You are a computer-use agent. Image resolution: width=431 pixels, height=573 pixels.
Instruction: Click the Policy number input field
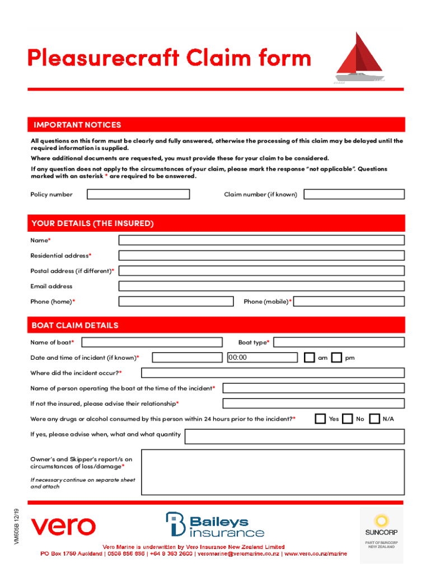138,194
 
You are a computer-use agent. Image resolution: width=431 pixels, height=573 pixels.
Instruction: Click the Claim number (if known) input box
354,194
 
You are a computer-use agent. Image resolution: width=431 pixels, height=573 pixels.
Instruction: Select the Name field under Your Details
261,240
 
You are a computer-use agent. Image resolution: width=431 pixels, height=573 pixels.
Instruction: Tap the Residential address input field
261,255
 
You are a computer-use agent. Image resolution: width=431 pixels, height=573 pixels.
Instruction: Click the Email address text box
261,286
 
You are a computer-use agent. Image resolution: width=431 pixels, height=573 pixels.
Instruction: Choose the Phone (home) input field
176,301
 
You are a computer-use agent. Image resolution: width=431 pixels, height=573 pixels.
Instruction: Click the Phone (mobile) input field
350,301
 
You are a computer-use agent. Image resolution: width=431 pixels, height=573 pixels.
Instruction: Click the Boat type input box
339,342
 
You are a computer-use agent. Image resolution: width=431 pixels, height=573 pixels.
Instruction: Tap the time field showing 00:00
261,358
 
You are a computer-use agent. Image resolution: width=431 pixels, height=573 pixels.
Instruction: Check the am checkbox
310,358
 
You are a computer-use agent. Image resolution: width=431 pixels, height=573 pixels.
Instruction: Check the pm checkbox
336,358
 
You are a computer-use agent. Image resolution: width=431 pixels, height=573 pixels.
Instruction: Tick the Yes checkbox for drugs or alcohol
320,419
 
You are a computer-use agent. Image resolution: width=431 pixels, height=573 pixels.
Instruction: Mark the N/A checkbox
374,419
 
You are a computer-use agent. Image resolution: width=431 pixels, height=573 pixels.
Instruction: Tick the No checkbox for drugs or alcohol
348,419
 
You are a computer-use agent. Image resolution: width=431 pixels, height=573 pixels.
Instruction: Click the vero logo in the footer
63,526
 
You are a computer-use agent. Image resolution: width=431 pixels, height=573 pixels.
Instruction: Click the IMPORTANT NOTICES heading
77,125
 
